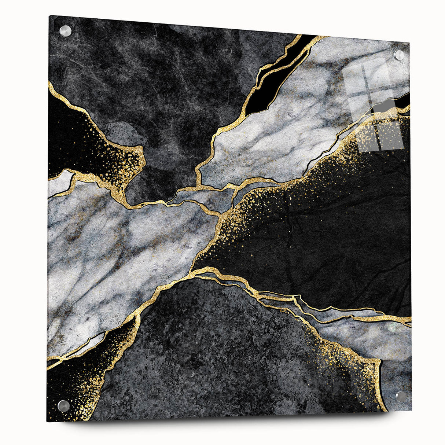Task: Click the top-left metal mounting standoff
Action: (65, 31)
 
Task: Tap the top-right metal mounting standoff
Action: (399, 55)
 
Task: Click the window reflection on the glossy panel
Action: (374, 106)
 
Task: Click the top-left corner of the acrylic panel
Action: (49, 16)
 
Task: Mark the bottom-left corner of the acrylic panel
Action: (47, 421)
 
